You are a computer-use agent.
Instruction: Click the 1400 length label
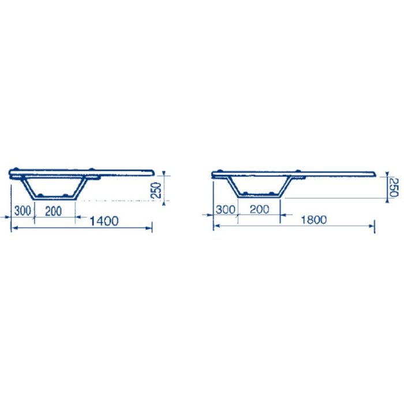(104, 221)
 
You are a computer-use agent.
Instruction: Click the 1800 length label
(314, 220)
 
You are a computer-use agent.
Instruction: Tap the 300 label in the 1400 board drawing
(23, 211)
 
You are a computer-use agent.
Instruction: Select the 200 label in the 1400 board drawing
(53, 211)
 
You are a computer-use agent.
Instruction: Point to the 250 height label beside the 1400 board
(156, 190)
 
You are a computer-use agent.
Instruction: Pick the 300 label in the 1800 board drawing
(226, 210)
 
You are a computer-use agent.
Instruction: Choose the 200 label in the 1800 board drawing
(260, 209)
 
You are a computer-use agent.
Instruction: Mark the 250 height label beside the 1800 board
(393, 188)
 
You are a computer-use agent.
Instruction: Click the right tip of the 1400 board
(154, 172)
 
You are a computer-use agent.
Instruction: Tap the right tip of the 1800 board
(375, 174)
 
